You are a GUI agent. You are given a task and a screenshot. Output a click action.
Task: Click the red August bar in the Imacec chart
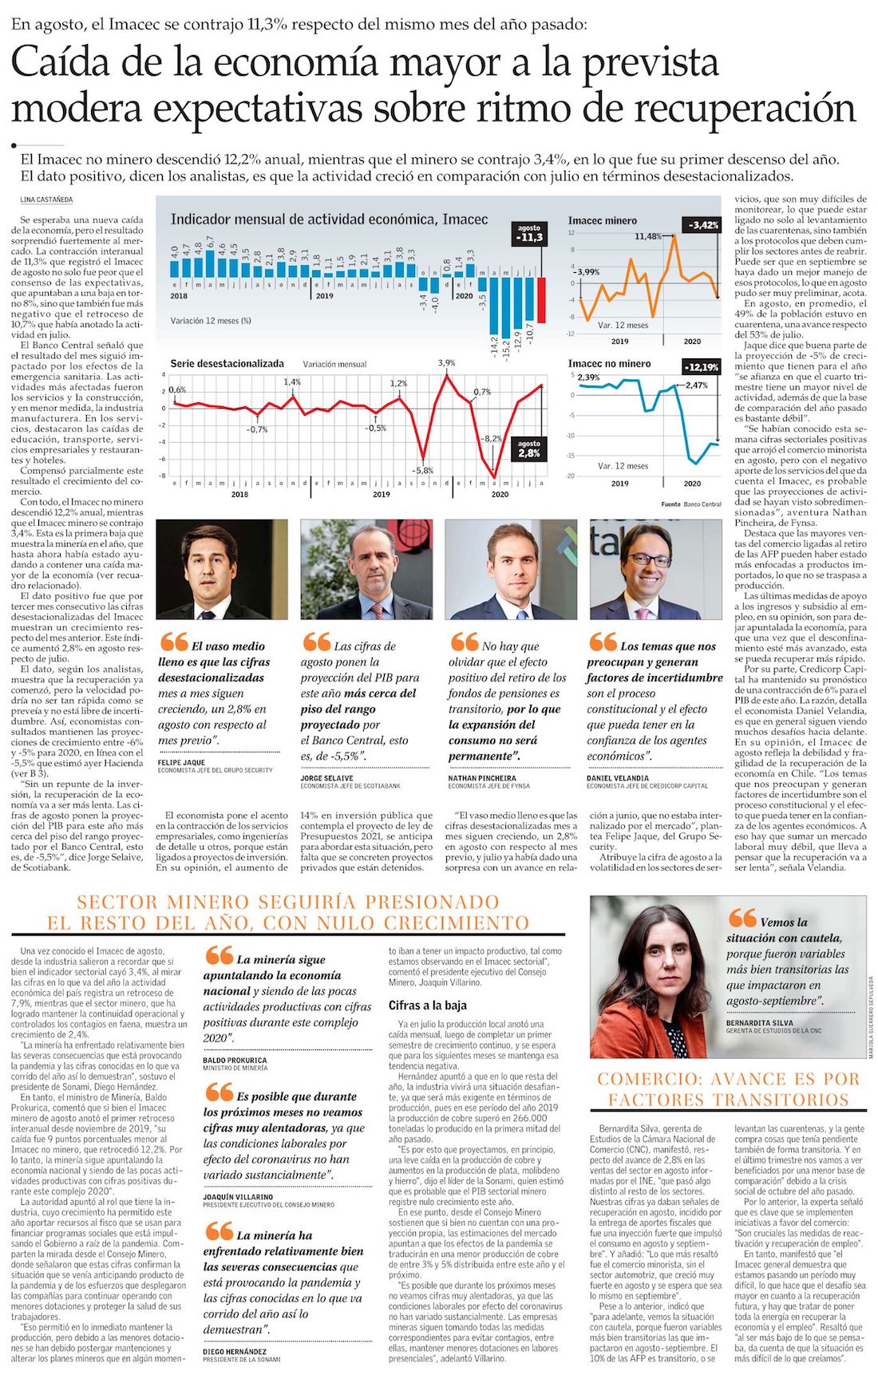click(541, 299)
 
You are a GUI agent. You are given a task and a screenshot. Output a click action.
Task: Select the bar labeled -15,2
click(505, 316)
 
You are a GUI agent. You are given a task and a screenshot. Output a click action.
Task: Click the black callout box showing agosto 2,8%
click(528, 448)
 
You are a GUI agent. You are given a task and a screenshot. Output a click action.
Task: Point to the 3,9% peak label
click(446, 363)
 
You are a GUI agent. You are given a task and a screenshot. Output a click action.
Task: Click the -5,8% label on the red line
click(423, 471)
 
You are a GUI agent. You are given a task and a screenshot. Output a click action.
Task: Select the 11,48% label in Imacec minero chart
click(648, 236)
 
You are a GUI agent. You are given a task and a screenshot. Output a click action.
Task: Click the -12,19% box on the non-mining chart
click(702, 367)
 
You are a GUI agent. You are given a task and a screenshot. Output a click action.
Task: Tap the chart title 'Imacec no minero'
click(609, 364)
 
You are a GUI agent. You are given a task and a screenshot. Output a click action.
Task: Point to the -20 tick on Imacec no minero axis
click(571, 476)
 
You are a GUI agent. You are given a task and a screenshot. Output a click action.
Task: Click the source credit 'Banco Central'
click(702, 504)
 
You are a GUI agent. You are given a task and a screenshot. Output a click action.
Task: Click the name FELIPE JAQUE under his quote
click(182, 763)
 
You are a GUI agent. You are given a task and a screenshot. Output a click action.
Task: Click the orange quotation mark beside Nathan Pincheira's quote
click(464, 642)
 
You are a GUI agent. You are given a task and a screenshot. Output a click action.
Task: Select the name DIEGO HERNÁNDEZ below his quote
click(235, 1352)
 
